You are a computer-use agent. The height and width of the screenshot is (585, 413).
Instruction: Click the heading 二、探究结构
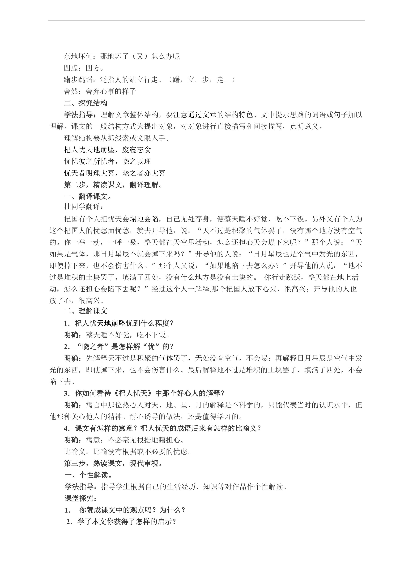coord(86,103)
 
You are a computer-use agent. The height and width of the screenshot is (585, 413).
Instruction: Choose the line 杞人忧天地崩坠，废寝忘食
coord(107,150)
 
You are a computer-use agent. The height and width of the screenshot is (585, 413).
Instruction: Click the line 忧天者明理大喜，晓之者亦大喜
coord(115,173)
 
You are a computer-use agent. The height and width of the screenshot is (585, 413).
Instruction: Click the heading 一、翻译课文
coord(88,197)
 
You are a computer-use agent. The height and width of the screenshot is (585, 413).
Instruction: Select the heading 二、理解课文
coord(86,311)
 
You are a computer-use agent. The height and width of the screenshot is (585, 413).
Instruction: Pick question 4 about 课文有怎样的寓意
coord(163,428)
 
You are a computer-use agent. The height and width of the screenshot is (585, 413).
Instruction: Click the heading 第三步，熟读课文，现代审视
coord(113,463)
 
